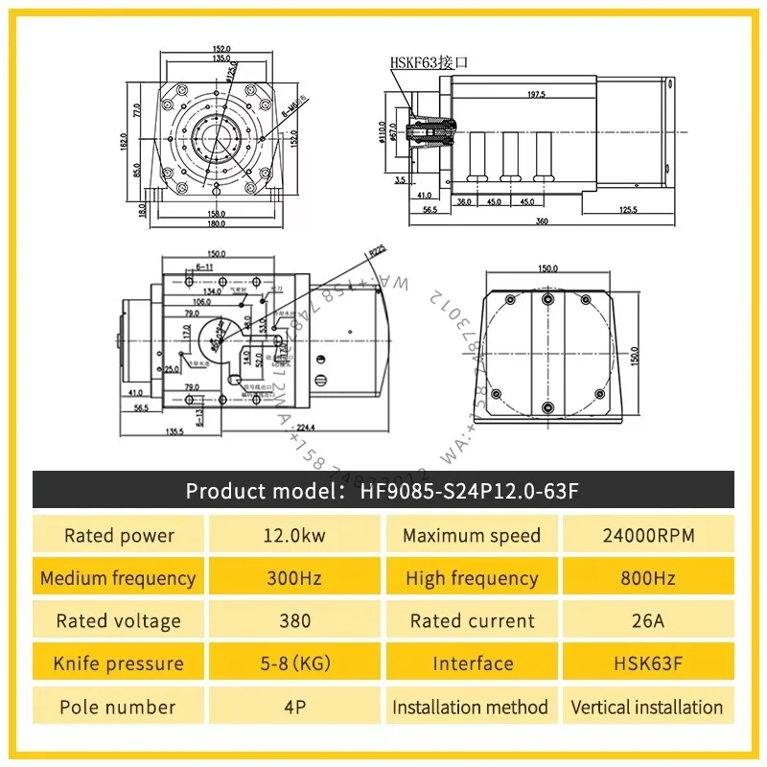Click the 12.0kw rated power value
tap(295, 535)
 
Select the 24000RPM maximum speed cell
tap(647, 535)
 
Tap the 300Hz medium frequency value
tap(295, 578)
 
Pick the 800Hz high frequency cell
tap(647, 578)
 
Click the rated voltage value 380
tap(295, 620)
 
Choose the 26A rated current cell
tap(647, 620)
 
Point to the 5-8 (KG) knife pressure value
tap(295, 663)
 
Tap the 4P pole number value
tap(295, 708)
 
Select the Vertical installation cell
tap(647, 708)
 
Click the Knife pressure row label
tap(119, 663)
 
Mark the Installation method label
tap(470, 708)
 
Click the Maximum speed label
tap(471, 535)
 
